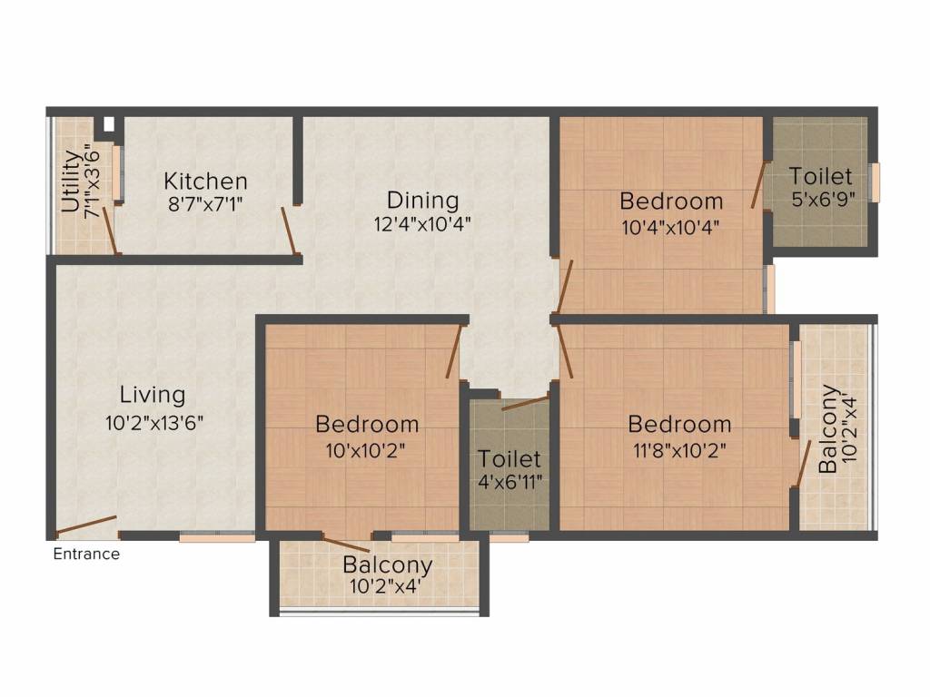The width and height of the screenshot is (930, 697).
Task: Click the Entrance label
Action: (x=86, y=554)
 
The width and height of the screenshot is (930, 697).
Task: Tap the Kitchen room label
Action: (x=205, y=180)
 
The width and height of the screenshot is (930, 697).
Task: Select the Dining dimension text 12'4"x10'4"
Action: (x=422, y=222)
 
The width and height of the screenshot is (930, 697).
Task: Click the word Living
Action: (x=153, y=395)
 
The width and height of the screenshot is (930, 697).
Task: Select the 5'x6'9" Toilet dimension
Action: (x=820, y=200)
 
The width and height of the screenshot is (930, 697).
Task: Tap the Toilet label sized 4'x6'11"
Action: (x=510, y=459)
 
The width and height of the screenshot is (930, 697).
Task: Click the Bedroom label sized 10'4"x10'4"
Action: (x=671, y=201)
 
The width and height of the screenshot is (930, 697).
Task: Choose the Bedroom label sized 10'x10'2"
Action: (x=367, y=424)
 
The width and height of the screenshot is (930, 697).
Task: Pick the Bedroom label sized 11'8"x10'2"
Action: (x=679, y=424)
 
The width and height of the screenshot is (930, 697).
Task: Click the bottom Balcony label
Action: (x=387, y=564)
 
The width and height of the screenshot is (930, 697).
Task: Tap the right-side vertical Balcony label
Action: (x=828, y=429)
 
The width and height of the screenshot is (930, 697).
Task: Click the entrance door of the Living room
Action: (x=86, y=525)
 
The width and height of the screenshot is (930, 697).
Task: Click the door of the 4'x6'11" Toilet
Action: (x=525, y=402)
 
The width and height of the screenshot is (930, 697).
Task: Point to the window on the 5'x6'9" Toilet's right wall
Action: (x=875, y=182)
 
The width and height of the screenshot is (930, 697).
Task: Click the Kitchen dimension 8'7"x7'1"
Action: (x=205, y=204)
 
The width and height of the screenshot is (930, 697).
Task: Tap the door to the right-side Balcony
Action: (x=803, y=465)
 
